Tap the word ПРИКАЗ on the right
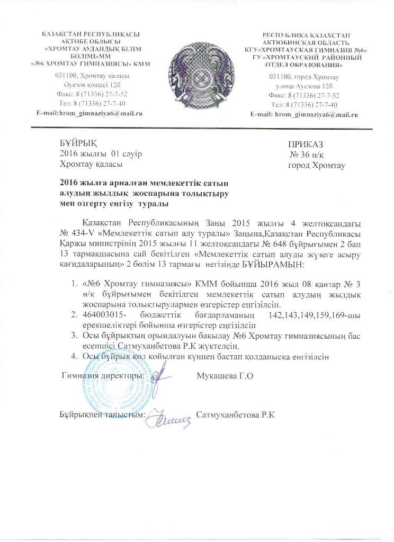(x=306, y=144)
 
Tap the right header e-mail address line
(x=304, y=114)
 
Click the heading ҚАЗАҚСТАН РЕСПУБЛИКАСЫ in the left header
(x=91, y=34)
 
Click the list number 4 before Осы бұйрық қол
(x=74, y=356)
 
